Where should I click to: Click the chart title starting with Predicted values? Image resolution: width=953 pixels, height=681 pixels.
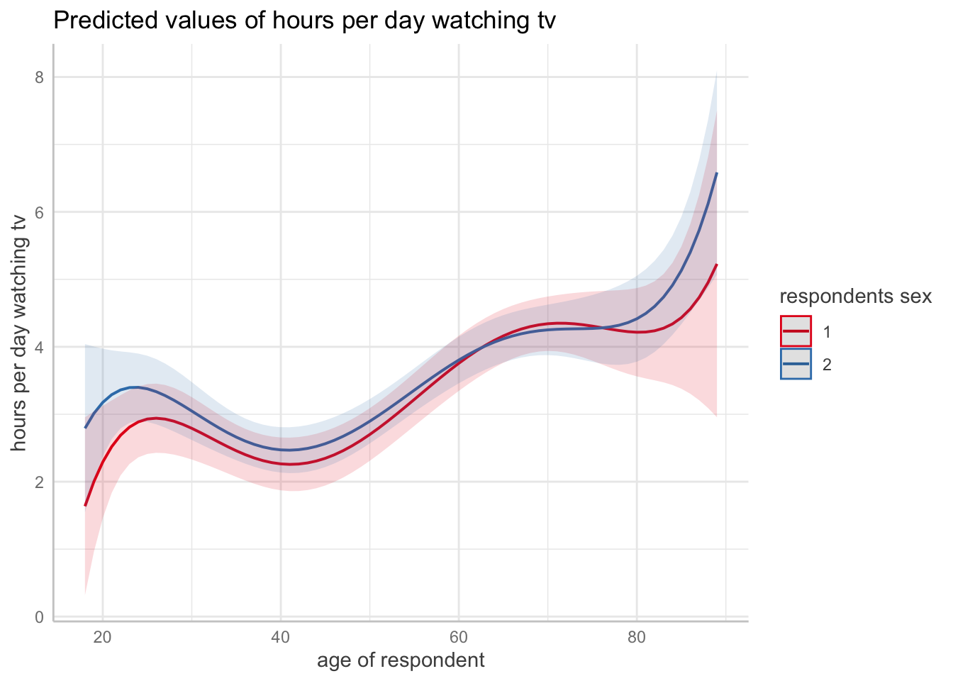[x=304, y=21]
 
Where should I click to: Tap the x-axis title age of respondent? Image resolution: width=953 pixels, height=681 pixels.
[x=401, y=660]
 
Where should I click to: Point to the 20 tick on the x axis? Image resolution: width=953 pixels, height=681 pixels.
[x=103, y=637]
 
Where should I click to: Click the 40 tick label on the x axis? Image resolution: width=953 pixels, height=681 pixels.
[x=281, y=637]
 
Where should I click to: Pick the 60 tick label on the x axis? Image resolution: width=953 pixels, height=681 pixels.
[x=459, y=637]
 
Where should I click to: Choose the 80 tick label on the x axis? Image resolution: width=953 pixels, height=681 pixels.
[x=637, y=637]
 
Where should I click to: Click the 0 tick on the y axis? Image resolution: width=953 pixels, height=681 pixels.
[x=40, y=617]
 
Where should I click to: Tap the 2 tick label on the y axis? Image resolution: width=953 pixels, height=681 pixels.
[x=40, y=482]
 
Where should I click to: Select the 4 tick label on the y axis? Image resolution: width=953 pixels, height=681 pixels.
[x=40, y=347]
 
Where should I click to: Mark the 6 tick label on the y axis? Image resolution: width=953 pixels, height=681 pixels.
[x=40, y=211]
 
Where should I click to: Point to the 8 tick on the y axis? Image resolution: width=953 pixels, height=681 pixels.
[x=40, y=77]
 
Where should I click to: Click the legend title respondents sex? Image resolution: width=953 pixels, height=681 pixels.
[x=855, y=297]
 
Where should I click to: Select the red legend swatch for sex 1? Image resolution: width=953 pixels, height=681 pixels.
[x=796, y=331]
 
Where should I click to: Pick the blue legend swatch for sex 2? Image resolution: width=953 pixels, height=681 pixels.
[x=796, y=364]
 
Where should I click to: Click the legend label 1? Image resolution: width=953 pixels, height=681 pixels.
[x=827, y=331]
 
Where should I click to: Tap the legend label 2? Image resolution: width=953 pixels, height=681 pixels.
[x=827, y=364]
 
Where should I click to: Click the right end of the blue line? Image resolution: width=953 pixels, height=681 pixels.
[x=717, y=173]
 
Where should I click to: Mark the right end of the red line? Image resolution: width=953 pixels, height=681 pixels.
[x=717, y=265]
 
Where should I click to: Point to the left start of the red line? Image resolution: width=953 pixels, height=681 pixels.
[x=85, y=505]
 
